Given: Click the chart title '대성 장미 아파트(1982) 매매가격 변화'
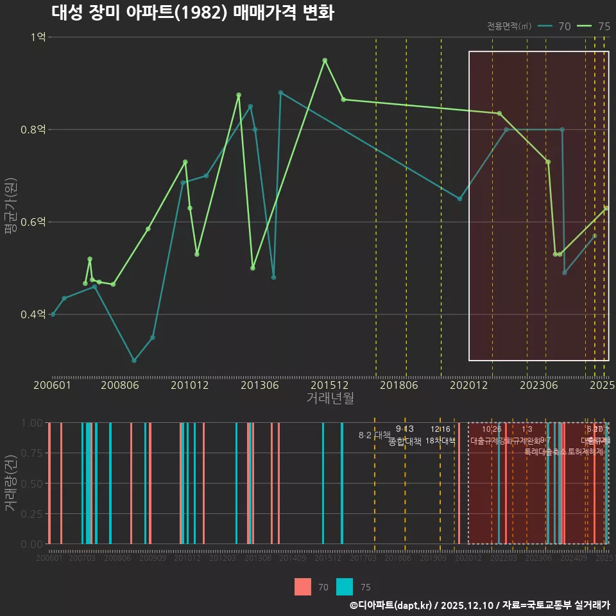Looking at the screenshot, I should pyautogui.click(x=192, y=13).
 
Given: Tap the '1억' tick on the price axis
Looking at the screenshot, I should pyautogui.click(x=38, y=37).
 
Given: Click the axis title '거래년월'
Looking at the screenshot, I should pyautogui.click(x=330, y=398).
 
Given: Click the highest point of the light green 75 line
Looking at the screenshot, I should pyautogui.click(x=325, y=60).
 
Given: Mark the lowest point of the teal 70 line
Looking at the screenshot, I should pyautogui.click(x=134, y=361).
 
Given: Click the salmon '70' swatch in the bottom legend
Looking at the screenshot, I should pyautogui.click(x=303, y=586).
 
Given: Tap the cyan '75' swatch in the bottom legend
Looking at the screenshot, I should pyautogui.click(x=345, y=586).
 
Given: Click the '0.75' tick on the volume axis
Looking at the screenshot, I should pyautogui.click(x=31, y=453).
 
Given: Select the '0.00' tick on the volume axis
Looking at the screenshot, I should pyautogui.click(x=31, y=544).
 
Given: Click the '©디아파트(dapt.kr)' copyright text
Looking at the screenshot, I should pyautogui.click(x=392, y=605).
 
